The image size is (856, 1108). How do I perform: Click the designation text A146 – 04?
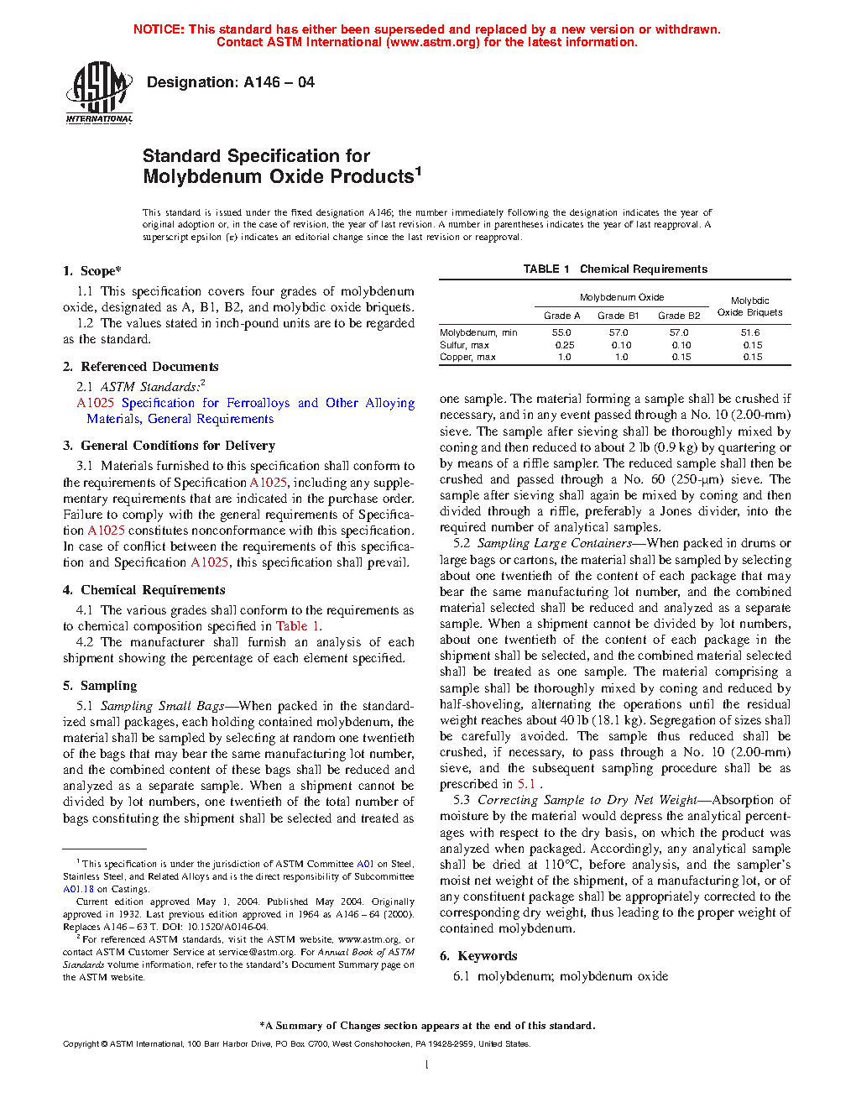[x=230, y=82]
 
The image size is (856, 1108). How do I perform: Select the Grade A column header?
[x=561, y=316]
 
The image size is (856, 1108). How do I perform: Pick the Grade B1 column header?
[x=618, y=316]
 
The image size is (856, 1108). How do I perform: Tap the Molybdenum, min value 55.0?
[x=561, y=333]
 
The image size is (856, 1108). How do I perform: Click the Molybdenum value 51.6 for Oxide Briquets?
[x=749, y=333]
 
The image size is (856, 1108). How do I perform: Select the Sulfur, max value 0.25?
[x=564, y=345]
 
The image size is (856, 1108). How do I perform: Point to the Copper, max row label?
[x=467, y=357]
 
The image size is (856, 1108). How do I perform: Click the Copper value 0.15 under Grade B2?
[x=681, y=357]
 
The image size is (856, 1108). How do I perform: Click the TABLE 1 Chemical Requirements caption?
[x=615, y=269]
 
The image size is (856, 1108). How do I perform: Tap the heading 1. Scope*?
[x=92, y=271]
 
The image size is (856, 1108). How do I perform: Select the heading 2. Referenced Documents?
[x=141, y=367]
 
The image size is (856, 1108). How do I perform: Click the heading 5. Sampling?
[x=100, y=686]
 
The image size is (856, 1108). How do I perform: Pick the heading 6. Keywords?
[x=478, y=956]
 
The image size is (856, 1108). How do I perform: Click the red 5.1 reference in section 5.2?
[x=525, y=784]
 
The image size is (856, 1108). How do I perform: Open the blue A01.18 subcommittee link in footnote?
[x=78, y=889]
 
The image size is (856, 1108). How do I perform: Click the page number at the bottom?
[x=427, y=1065]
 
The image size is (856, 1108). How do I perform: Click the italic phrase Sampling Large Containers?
[x=554, y=543]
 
